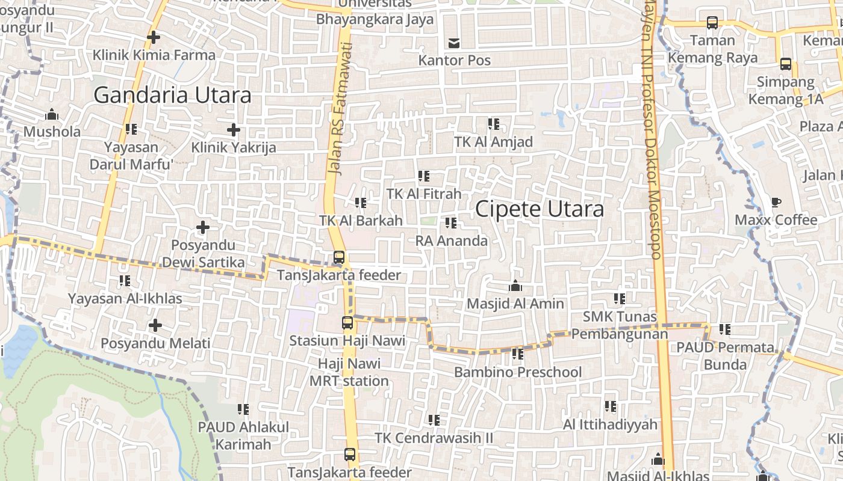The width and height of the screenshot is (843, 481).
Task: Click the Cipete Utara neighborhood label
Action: [540, 209]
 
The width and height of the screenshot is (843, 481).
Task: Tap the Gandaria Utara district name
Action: [172, 95]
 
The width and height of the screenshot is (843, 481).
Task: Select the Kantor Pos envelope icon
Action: [454, 43]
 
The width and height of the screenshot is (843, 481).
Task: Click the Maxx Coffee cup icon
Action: [776, 202]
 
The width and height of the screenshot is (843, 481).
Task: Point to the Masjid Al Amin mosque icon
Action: [515, 286]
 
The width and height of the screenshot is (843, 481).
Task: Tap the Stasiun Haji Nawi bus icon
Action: [347, 323]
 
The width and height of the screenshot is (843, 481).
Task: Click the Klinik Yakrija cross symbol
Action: [234, 129]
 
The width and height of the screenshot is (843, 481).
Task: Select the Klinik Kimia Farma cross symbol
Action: [154, 37]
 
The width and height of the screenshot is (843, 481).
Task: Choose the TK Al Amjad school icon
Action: [494, 124]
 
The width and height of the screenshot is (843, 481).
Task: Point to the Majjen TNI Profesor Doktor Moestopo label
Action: [652, 132]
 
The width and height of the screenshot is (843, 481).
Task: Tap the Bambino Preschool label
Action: [518, 372]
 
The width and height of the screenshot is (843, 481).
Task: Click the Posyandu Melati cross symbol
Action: [155, 326]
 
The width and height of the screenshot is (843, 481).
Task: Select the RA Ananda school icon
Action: [451, 223]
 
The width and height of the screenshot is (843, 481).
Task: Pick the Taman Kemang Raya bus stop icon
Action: [712, 23]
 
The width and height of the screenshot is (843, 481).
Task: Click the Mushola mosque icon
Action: [52, 114]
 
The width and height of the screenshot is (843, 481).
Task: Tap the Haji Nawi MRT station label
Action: [349, 372]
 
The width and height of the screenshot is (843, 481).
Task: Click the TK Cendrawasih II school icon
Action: [434, 420]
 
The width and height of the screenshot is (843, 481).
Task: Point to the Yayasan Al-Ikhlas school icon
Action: [125, 281]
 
